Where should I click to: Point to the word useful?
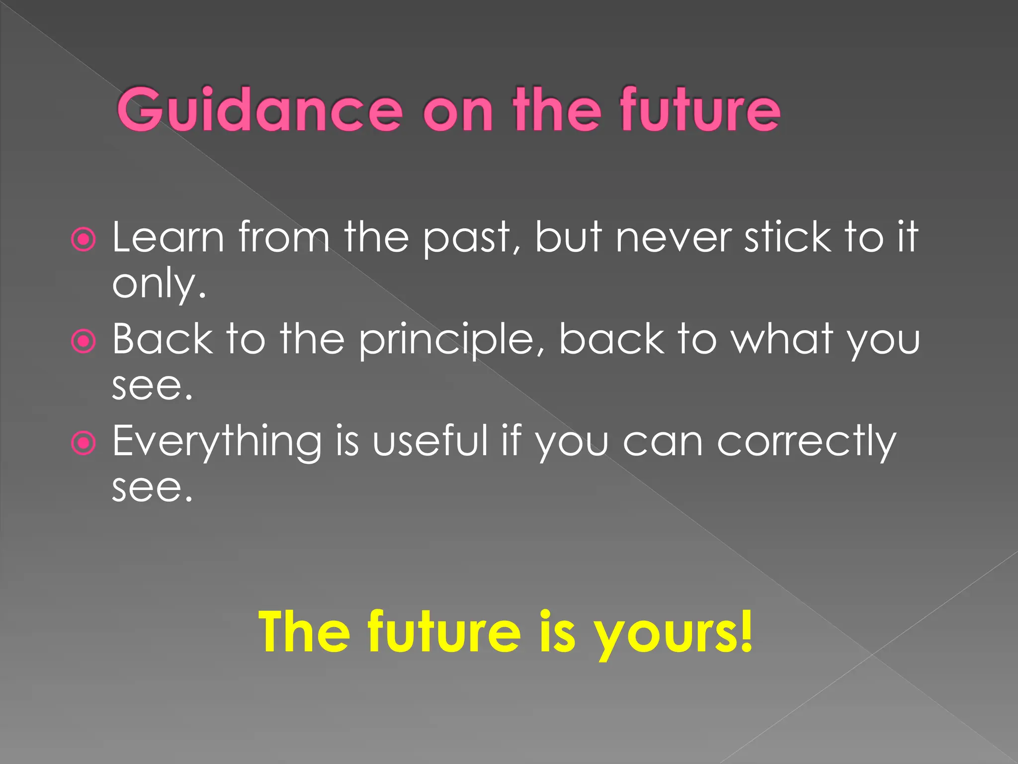[430, 441]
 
